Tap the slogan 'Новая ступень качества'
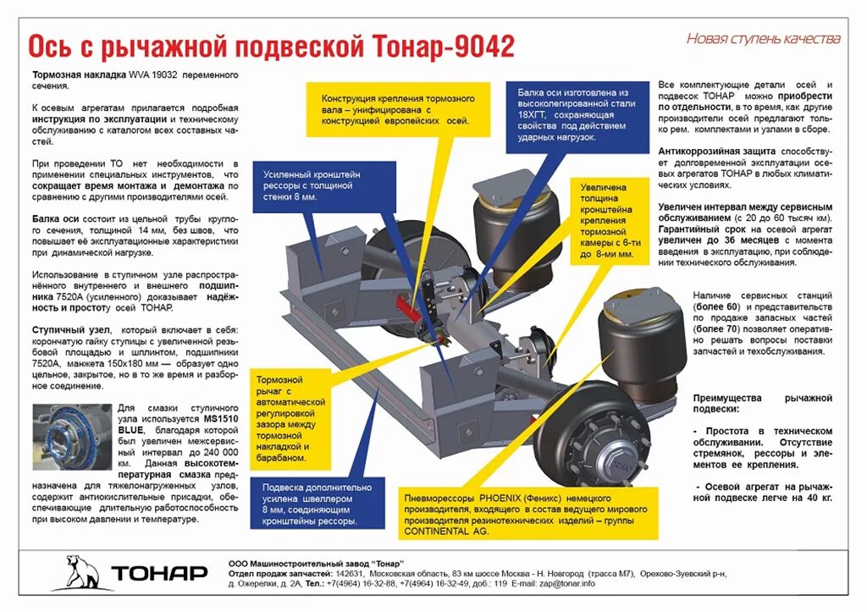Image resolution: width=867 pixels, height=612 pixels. (763, 38)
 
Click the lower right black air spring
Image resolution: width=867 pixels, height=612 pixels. (641, 339)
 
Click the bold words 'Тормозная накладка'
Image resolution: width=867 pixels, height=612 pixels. (79, 74)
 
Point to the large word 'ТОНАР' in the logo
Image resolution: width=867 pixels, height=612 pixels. (159, 573)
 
